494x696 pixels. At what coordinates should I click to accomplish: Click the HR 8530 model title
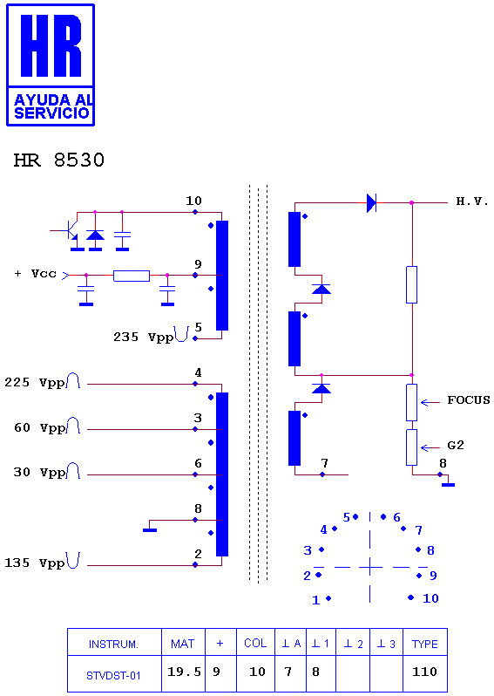point(59,160)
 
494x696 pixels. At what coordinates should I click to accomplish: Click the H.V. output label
point(472,201)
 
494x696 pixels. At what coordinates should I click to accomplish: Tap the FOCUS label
point(468,400)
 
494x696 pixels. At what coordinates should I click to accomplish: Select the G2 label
point(456,445)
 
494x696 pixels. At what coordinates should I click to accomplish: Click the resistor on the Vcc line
point(132,276)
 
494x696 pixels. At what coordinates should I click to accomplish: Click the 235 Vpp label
point(143,338)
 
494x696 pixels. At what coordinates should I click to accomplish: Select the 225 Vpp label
point(35,383)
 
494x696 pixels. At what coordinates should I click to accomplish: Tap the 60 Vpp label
point(39,428)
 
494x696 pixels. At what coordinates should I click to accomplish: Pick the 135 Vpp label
point(35,563)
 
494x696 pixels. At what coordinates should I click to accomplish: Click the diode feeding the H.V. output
point(371,203)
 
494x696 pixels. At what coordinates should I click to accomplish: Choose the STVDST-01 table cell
point(113,676)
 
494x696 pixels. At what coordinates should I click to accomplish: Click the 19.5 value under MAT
point(184,672)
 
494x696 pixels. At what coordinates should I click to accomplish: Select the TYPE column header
point(425,644)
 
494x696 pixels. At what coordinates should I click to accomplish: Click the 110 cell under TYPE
point(425,672)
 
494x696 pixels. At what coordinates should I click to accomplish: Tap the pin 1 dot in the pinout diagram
point(328,598)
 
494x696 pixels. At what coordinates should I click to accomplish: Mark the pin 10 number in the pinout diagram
point(430,598)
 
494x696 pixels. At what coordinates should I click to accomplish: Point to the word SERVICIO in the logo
point(52,113)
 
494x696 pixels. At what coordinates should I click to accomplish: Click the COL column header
point(255,643)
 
